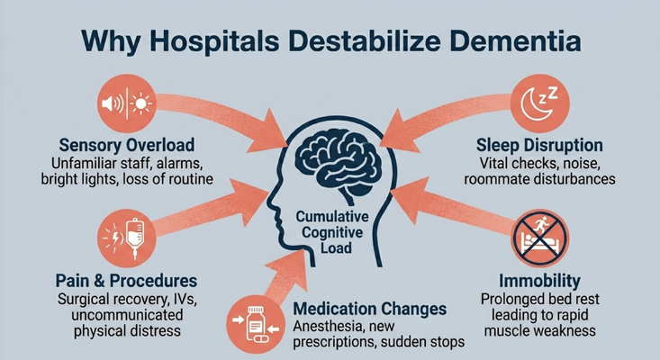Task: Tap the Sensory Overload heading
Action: click(127, 145)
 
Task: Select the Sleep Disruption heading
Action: click(539, 145)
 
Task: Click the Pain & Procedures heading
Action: click(126, 281)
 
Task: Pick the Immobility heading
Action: click(539, 281)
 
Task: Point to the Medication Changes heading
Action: click(369, 309)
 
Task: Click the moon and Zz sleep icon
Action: click(539, 103)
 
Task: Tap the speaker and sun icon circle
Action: click(127, 103)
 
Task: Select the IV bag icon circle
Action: click(127, 238)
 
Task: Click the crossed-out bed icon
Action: click(539, 238)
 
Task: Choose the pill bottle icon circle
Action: click(256, 324)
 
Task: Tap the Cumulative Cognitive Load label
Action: click(332, 232)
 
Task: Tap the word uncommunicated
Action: click(127, 315)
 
